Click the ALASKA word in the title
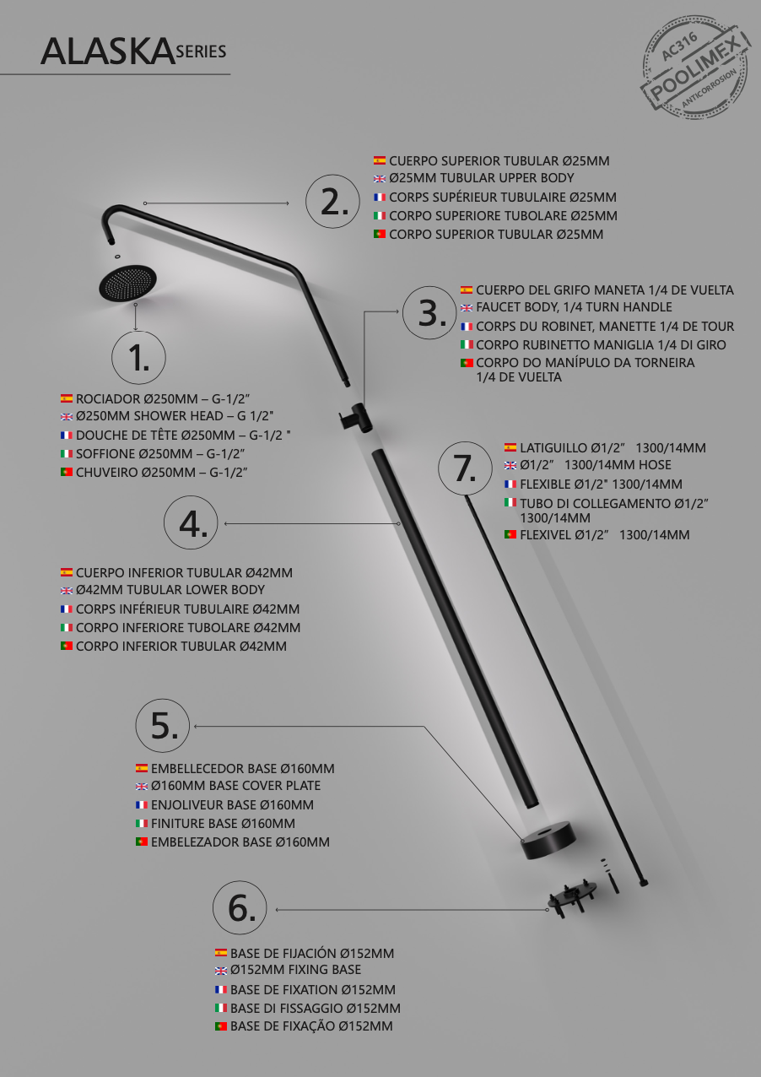(106, 52)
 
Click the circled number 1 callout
(138, 358)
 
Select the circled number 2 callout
(332, 202)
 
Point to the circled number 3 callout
(430, 313)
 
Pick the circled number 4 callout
(191, 523)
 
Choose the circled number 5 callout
(163, 725)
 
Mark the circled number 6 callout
(240, 909)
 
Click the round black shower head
(128, 283)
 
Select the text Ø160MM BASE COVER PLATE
(235, 786)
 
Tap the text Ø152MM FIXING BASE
(295, 970)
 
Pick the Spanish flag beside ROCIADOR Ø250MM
(67, 398)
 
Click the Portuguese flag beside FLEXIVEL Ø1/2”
(510, 534)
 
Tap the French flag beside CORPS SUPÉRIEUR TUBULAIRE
(380, 198)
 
